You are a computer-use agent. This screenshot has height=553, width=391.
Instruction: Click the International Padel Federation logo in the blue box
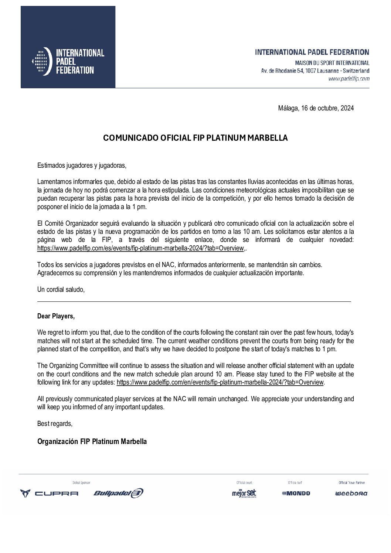pyautogui.click(x=68, y=61)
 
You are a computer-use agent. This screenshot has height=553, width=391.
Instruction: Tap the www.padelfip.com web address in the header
pyautogui.click(x=348, y=79)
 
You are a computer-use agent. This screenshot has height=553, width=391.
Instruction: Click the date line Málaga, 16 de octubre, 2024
pyautogui.click(x=316, y=108)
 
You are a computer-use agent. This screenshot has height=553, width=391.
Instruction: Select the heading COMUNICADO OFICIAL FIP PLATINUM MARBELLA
pyautogui.click(x=195, y=138)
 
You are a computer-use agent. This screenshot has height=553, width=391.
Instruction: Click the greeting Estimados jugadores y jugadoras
pyautogui.click(x=82, y=165)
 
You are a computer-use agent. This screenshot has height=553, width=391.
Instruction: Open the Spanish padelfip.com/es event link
pyautogui.click(x=140, y=248)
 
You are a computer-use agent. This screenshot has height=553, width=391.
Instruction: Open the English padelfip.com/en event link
pyautogui.click(x=220, y=382)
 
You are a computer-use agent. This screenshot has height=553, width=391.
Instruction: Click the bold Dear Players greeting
pyautogui.click(x=56, y=316)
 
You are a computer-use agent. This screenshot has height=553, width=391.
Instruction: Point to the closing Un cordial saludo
pyautogui.click(x=61, y=290)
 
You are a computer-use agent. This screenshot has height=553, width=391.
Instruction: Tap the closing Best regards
pyautogui.click(x=55, y=424)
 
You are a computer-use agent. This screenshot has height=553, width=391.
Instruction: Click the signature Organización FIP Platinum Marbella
pyautogui.click(x=92, y=441)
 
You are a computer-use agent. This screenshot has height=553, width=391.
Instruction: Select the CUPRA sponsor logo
pyautogui.click(x=49, y=493)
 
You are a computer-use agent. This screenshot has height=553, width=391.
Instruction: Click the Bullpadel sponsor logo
pyautogui.click(x=118, y=493)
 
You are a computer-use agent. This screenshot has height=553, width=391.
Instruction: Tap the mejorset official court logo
pyautogui.click(x=244, y=493)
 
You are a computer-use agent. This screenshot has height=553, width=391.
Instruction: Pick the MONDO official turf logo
pyautogui.click(x=296, y=493)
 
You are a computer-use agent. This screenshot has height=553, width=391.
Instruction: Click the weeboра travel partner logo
pyautogui.click(x=351, y=494)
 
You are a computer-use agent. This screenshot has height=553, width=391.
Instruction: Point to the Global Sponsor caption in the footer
pyautogui.click(x=81, y=483)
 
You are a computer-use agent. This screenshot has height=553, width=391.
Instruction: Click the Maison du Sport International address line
pyautogui.click(x=332, y=63)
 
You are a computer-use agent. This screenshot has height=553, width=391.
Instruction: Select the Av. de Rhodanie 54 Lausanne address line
pyautogui.click(x=315, y=71)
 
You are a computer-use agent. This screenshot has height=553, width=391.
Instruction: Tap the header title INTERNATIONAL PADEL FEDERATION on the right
pyautogui.click(x=312, y=52)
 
